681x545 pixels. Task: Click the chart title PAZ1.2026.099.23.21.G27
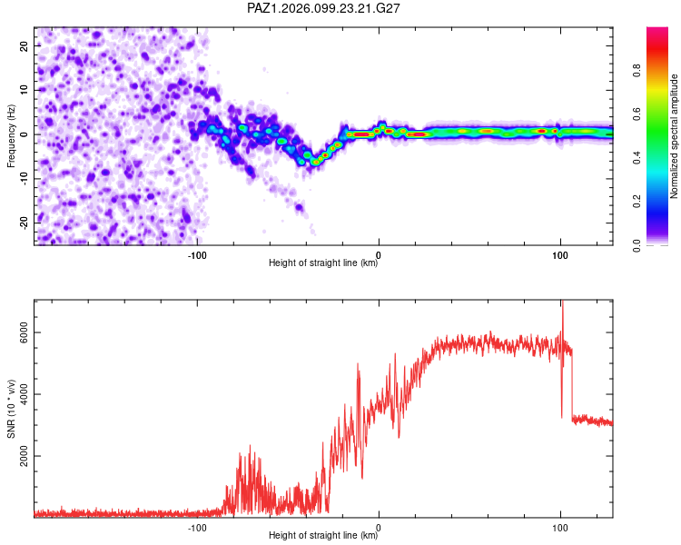tap(323, 8)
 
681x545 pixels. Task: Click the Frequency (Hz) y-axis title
tap(11, 136)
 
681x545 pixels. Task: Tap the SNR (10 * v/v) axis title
tap(11, 409)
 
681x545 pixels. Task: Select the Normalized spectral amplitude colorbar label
tap(674, 136)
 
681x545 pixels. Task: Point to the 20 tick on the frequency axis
tap(25, 45)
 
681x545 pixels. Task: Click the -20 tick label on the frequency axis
tap(25, 223)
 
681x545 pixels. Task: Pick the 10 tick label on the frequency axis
tap(25, 90)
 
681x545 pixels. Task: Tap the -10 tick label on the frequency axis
tap(25, 179)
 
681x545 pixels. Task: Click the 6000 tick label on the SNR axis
tap(25, 332)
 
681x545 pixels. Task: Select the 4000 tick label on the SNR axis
tap(25, 394)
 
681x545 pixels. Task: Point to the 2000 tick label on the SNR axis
tap(25, 456)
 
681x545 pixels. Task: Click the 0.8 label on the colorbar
tap(637, 71)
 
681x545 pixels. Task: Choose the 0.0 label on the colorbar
tap(637, 245)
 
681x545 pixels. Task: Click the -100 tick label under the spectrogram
tap(197, 255)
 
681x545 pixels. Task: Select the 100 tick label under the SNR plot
tap(560, 528)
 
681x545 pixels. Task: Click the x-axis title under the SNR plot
tap(323, 535)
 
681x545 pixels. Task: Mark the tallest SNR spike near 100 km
tap(562, 301)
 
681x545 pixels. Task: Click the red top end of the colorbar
tap(657, 28)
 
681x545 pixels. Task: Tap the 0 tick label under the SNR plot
tap(379, 528)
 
